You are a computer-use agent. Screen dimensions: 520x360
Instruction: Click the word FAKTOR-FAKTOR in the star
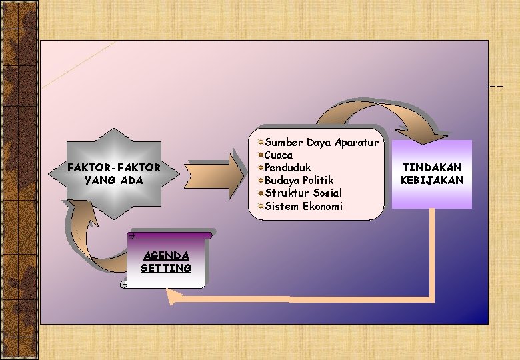[114, 167]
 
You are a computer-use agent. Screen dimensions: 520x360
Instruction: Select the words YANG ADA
[114, 180]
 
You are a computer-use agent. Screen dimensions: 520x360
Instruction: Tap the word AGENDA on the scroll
[166, 256]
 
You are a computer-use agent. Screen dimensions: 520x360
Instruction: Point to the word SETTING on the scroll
[166, 268]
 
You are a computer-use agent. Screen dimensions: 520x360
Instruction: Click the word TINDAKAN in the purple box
[431, 167]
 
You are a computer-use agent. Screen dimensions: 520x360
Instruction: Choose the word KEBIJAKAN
[431, 180]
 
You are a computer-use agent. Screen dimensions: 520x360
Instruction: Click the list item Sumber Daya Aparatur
[322, 142]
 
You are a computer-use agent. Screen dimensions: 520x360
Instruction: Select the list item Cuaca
[279, 155]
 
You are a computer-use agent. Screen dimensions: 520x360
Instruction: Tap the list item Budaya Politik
[299, 180]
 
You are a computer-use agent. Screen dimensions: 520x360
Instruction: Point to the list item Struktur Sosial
[303, 193]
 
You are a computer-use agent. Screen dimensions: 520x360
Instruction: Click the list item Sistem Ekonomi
[303, 206]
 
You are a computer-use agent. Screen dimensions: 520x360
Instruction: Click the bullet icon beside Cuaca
[261, 155]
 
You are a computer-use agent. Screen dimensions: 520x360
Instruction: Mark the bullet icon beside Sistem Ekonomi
[261, 206]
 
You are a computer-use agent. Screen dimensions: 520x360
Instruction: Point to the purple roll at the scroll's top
[170, 235]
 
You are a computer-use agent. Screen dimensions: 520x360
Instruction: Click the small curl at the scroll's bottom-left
[125, 284]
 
